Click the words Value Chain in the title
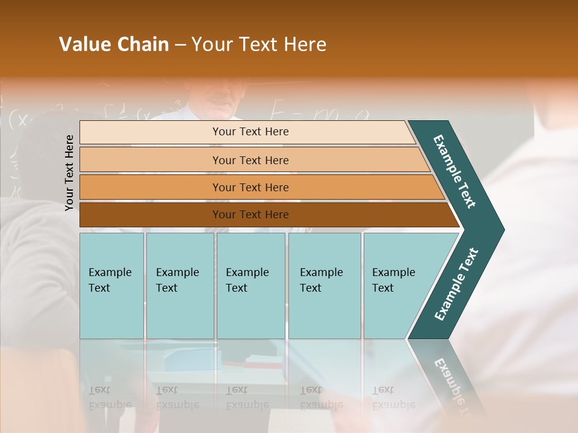[x=114, y=45]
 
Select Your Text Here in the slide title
[x=259, y=45]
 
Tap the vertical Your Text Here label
[x=69, y=173]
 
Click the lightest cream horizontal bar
[x=250, y=132]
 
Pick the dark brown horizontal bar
[x=250, y=215]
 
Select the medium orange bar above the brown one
[x=250, y=188]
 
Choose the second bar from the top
[x=250, y=160]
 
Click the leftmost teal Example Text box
[x=111, y=286]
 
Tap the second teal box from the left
[x=179, y=286]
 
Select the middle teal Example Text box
[x=250, y=286]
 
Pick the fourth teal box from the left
[x=324, y=286]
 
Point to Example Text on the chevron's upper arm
[x=455, y=171]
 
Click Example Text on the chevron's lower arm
[x=456, y=284]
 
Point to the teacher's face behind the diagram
[x=217, y=99]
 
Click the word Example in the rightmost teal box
[x=393, y=272]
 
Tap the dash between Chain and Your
[x=180, y=45]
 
